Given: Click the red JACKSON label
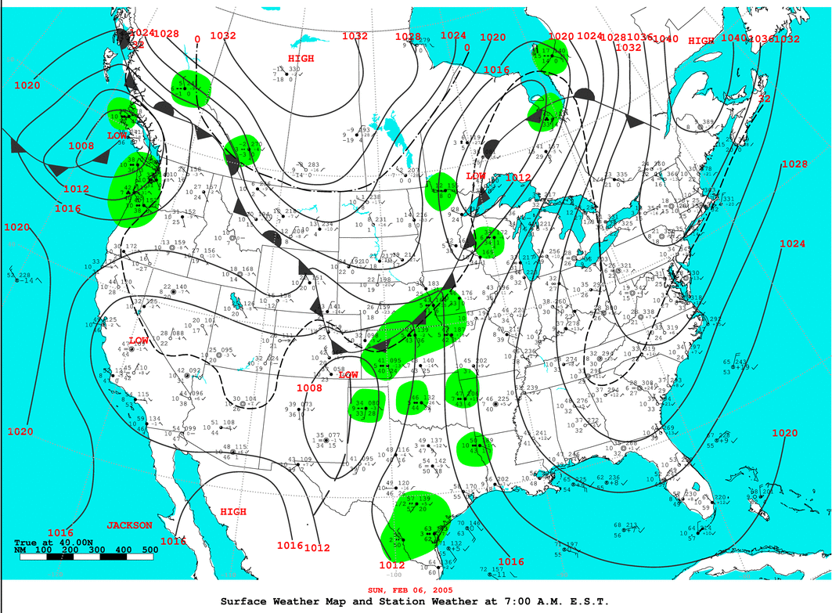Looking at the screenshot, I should pyautogui.click(x=130, y=525).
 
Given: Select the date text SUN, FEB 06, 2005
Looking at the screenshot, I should pyautogui.click(x=415, y=590).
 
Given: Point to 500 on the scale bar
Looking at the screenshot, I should pyautogui.click(x=149, y=550).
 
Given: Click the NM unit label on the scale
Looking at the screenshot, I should pyautogui.click(x=21, y=550).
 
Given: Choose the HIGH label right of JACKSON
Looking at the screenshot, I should pyautogui.click(x=232, y=512).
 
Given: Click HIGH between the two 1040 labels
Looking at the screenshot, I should pyautogui.click(x=701, y=41).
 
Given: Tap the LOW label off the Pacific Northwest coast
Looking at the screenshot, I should pyautogui.click(x=117, y=135).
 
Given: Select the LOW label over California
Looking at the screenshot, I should pyautogui.click(x=139, y=341).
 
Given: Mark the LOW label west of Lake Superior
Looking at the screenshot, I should pyautogui.click(x=476, y=176).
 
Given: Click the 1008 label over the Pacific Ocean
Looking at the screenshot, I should pyautogui.click(x=81, y=146).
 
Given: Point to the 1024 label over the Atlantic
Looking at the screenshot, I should pyautogui.click(x=792, y=243).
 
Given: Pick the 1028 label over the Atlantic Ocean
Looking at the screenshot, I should pyautogui.click(x=794, y=164).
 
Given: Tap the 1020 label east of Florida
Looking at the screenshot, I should pyautogui.click(x=784, y=433).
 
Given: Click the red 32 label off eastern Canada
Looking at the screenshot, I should pyautogui.click(x=764, y=99).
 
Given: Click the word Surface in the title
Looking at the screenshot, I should pyautogui.click(x=246, y=601).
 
